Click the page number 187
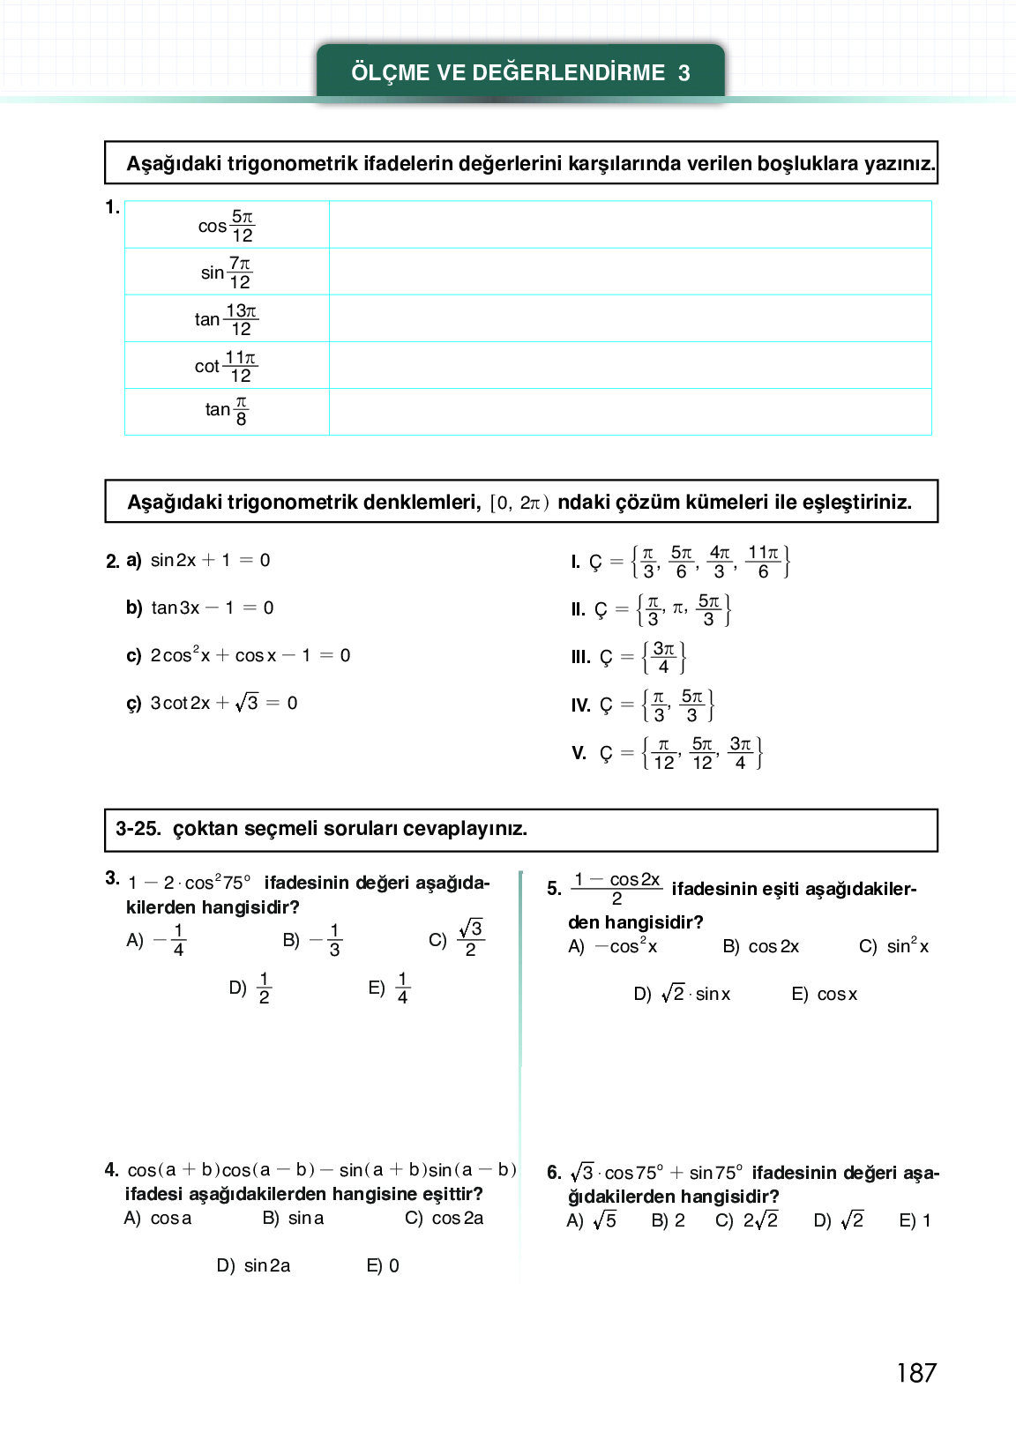pos(915,1373)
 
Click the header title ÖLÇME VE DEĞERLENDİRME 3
pos(520,72)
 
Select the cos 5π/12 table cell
pos(227,226)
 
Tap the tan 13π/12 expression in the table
pos(227,319)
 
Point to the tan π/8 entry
pos(227,411)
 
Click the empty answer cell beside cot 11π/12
pos(630,365)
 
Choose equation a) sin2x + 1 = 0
pos(210,560)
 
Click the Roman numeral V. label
pos(579,753)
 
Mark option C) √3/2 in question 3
pos(458,939)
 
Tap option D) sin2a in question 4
pos(254,1265)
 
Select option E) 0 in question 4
pos(383,1265)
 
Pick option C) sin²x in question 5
pos(894,946)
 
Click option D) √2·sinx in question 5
pos(683,994)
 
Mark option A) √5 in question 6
pos(592,1220)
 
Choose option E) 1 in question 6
pos(915,1220)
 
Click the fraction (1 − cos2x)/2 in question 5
pos(616,888)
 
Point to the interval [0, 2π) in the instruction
pos(519,503)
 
